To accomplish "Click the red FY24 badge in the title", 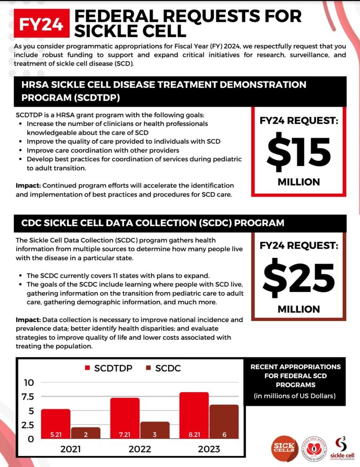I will (42, 23).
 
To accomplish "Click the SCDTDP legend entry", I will (108, 368).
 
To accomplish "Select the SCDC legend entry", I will (163, 368).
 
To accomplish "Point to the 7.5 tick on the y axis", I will (26, 396).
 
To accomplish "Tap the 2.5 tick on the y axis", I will (26, 425).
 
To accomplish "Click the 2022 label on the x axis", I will (140, 449).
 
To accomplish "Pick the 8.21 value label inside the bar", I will (194, 435).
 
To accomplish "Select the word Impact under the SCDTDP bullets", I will (27, 186).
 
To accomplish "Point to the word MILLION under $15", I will (299, 182).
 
